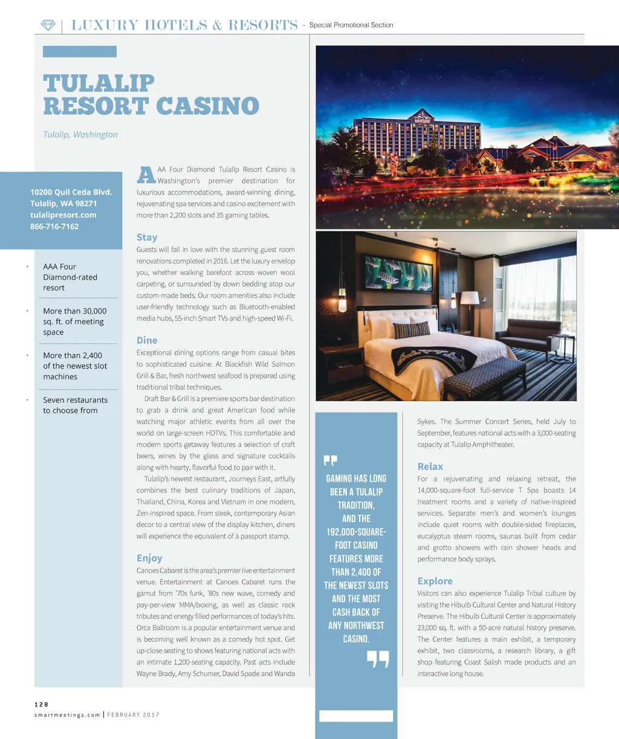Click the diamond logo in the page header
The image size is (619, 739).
48,25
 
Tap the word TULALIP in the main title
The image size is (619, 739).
99,83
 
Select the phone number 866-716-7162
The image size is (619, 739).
54,227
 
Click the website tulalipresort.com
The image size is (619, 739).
63,215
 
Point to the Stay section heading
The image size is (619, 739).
147,237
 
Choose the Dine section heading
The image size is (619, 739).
147,341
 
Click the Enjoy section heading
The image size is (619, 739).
149,558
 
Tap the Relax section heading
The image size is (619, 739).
430,467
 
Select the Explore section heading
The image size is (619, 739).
435,581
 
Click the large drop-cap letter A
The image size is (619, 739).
146,175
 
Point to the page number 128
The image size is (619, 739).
41,705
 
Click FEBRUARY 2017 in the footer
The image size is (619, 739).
134,715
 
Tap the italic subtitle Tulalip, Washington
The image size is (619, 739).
80,135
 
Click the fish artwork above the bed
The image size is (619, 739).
398,273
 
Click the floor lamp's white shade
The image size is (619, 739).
470,298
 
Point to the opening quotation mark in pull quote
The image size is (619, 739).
330,461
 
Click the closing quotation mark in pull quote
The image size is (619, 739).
378,659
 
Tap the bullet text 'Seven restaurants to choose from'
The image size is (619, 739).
75,405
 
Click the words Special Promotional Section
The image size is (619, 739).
351,25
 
